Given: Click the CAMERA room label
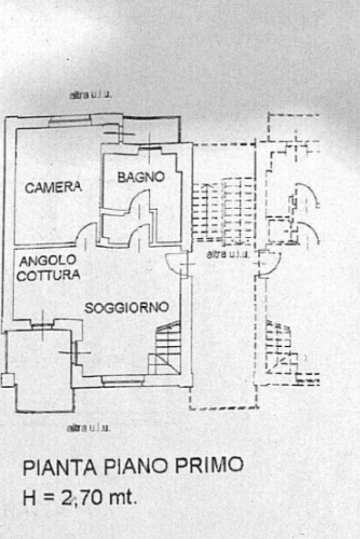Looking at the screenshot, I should tap(53, 187).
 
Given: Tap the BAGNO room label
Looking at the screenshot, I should tap(141, 178).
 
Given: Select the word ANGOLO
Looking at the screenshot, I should tap(48, 260).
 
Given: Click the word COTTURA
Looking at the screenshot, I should tap(48, 275).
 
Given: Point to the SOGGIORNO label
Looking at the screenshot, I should tap(127, 307).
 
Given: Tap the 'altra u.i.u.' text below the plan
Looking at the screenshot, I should tap(88, 428).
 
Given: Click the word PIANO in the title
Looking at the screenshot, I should tap(131, 467).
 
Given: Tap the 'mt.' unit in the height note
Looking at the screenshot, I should tap(124, 498).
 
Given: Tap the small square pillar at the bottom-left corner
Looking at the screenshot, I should tap(7, 379).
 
